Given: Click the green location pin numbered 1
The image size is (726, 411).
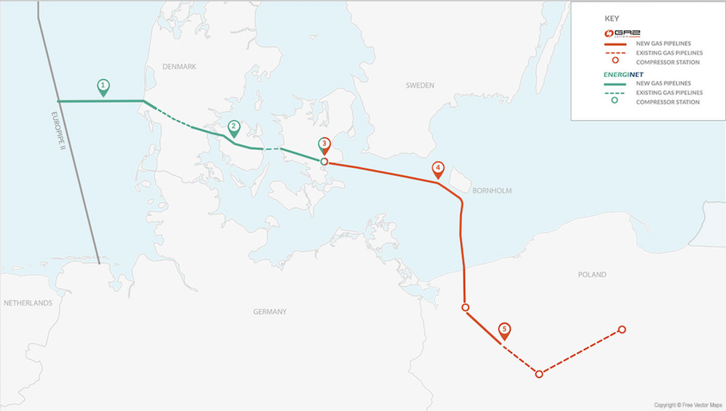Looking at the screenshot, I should tap(104, 86).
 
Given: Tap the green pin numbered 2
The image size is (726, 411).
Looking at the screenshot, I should tap(234, 128).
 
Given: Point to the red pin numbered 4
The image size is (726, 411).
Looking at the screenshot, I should tap(437, 170).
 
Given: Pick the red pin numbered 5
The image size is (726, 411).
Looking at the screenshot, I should tap(504, 331).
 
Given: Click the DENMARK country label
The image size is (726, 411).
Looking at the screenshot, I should tap(179, 67).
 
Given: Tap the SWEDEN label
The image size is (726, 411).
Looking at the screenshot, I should tap(420, 86).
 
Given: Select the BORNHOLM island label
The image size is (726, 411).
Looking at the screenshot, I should tap(492, 191).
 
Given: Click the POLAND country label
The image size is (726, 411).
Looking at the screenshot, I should tap(592, 275).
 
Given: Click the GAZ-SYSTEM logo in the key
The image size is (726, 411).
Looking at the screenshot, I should tap(618, 33).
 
